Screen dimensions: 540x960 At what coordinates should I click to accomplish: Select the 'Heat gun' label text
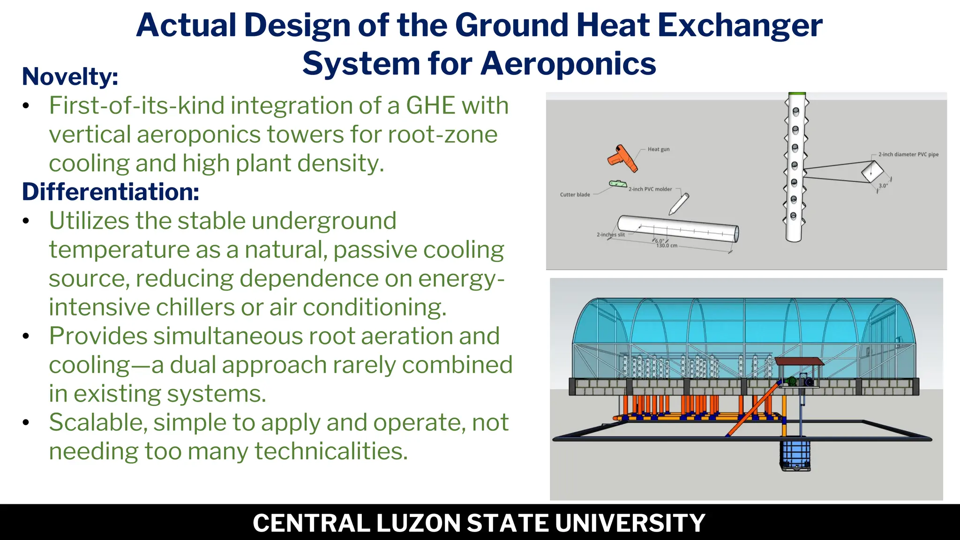coord(659,149)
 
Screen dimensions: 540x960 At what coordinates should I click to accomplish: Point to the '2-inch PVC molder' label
coord(650,189)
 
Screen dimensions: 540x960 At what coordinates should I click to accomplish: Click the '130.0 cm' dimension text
coord(667,246)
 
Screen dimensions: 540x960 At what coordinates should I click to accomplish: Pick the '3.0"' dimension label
coord(883,186)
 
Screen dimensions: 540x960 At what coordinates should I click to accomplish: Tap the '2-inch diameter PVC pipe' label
coord(908,154)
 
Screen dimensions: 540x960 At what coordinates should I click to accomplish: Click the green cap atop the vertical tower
coord(797,94)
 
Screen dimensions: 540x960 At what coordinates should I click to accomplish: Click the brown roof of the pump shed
coord(799,361)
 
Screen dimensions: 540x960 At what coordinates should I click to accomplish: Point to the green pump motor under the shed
coord(792,382)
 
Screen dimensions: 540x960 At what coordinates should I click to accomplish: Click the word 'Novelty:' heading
coord(70,76)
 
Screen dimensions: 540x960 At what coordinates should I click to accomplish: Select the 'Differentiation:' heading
coord(111,192)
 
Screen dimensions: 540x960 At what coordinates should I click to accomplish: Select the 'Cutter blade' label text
coord(575,195)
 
